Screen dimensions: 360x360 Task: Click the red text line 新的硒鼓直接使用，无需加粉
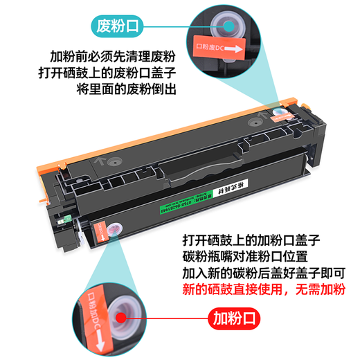259,289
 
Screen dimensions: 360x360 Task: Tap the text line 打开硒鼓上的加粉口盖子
250,239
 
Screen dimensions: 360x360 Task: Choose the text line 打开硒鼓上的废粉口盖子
113,73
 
